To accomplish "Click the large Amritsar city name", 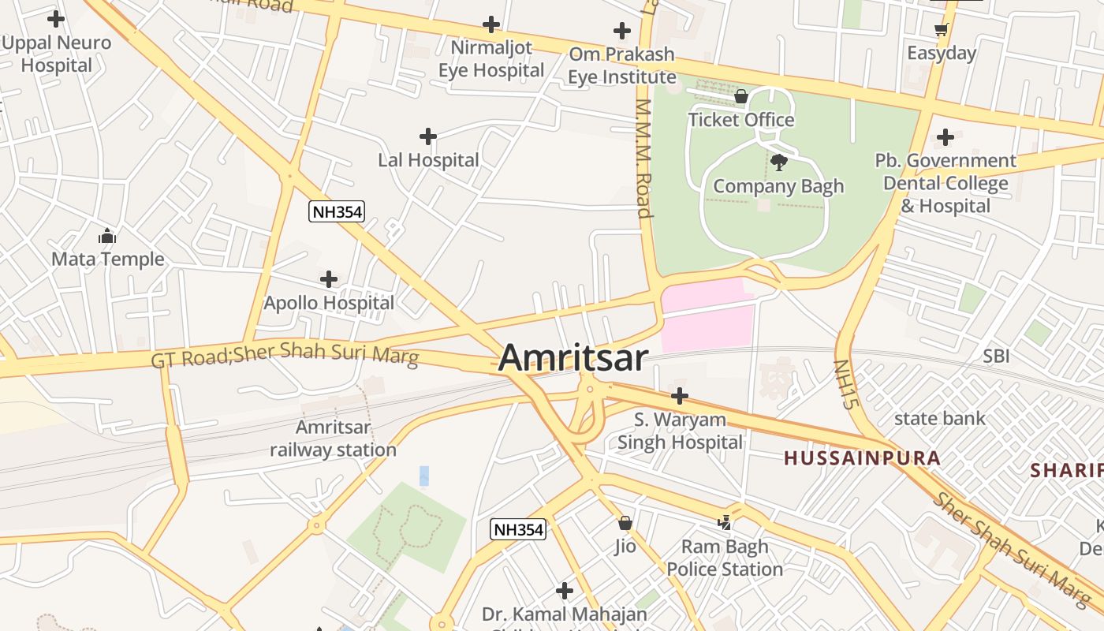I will [573, 357].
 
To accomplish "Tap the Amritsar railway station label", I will [333, 439].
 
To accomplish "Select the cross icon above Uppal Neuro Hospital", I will [56, 18].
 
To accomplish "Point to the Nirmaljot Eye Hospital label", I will [491, 59].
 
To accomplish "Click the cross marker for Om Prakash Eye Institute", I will [622, 31].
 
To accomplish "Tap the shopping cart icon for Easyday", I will [941, 29].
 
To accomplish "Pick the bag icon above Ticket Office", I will [741, 96].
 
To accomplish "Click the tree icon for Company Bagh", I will [779, 162].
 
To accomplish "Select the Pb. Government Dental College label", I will [945, 183].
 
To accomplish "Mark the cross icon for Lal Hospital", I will [428, 136].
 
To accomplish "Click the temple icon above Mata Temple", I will [107, 236].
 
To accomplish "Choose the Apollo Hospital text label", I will [329, 303].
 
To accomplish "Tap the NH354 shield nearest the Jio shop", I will [518, 529].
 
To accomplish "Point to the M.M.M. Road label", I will [644, 158].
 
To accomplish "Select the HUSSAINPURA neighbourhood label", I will [862, 458].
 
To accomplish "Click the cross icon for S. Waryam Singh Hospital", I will [680, 396].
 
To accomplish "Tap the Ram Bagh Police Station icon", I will [725, 522].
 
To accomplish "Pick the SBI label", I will [996, 357].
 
